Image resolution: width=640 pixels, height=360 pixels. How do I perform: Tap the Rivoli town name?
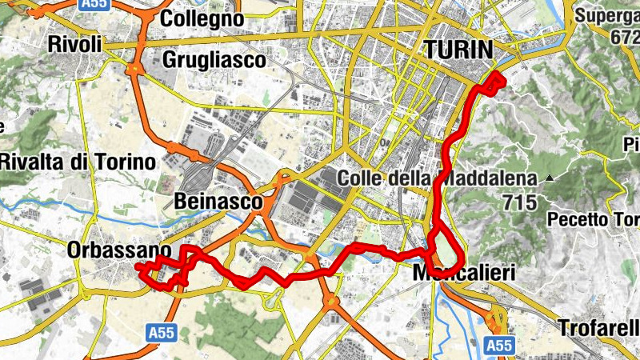coord(75,44)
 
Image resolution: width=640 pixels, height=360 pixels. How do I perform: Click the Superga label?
coord(607,14)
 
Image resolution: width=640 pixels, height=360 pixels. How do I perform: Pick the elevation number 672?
coord(623,36)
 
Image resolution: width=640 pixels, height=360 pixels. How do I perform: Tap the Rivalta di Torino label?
coord(77,162)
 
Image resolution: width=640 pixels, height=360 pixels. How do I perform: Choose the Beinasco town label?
coord(218,202)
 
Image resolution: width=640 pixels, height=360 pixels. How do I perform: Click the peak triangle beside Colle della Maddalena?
coord(550,178)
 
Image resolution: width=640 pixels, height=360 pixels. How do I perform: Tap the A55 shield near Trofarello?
coord(500,346)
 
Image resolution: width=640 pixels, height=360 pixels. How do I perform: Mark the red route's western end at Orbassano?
coord(138,265)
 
